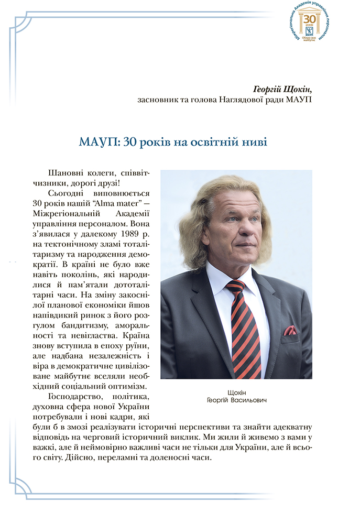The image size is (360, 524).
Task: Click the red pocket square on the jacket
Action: coord(289,330)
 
